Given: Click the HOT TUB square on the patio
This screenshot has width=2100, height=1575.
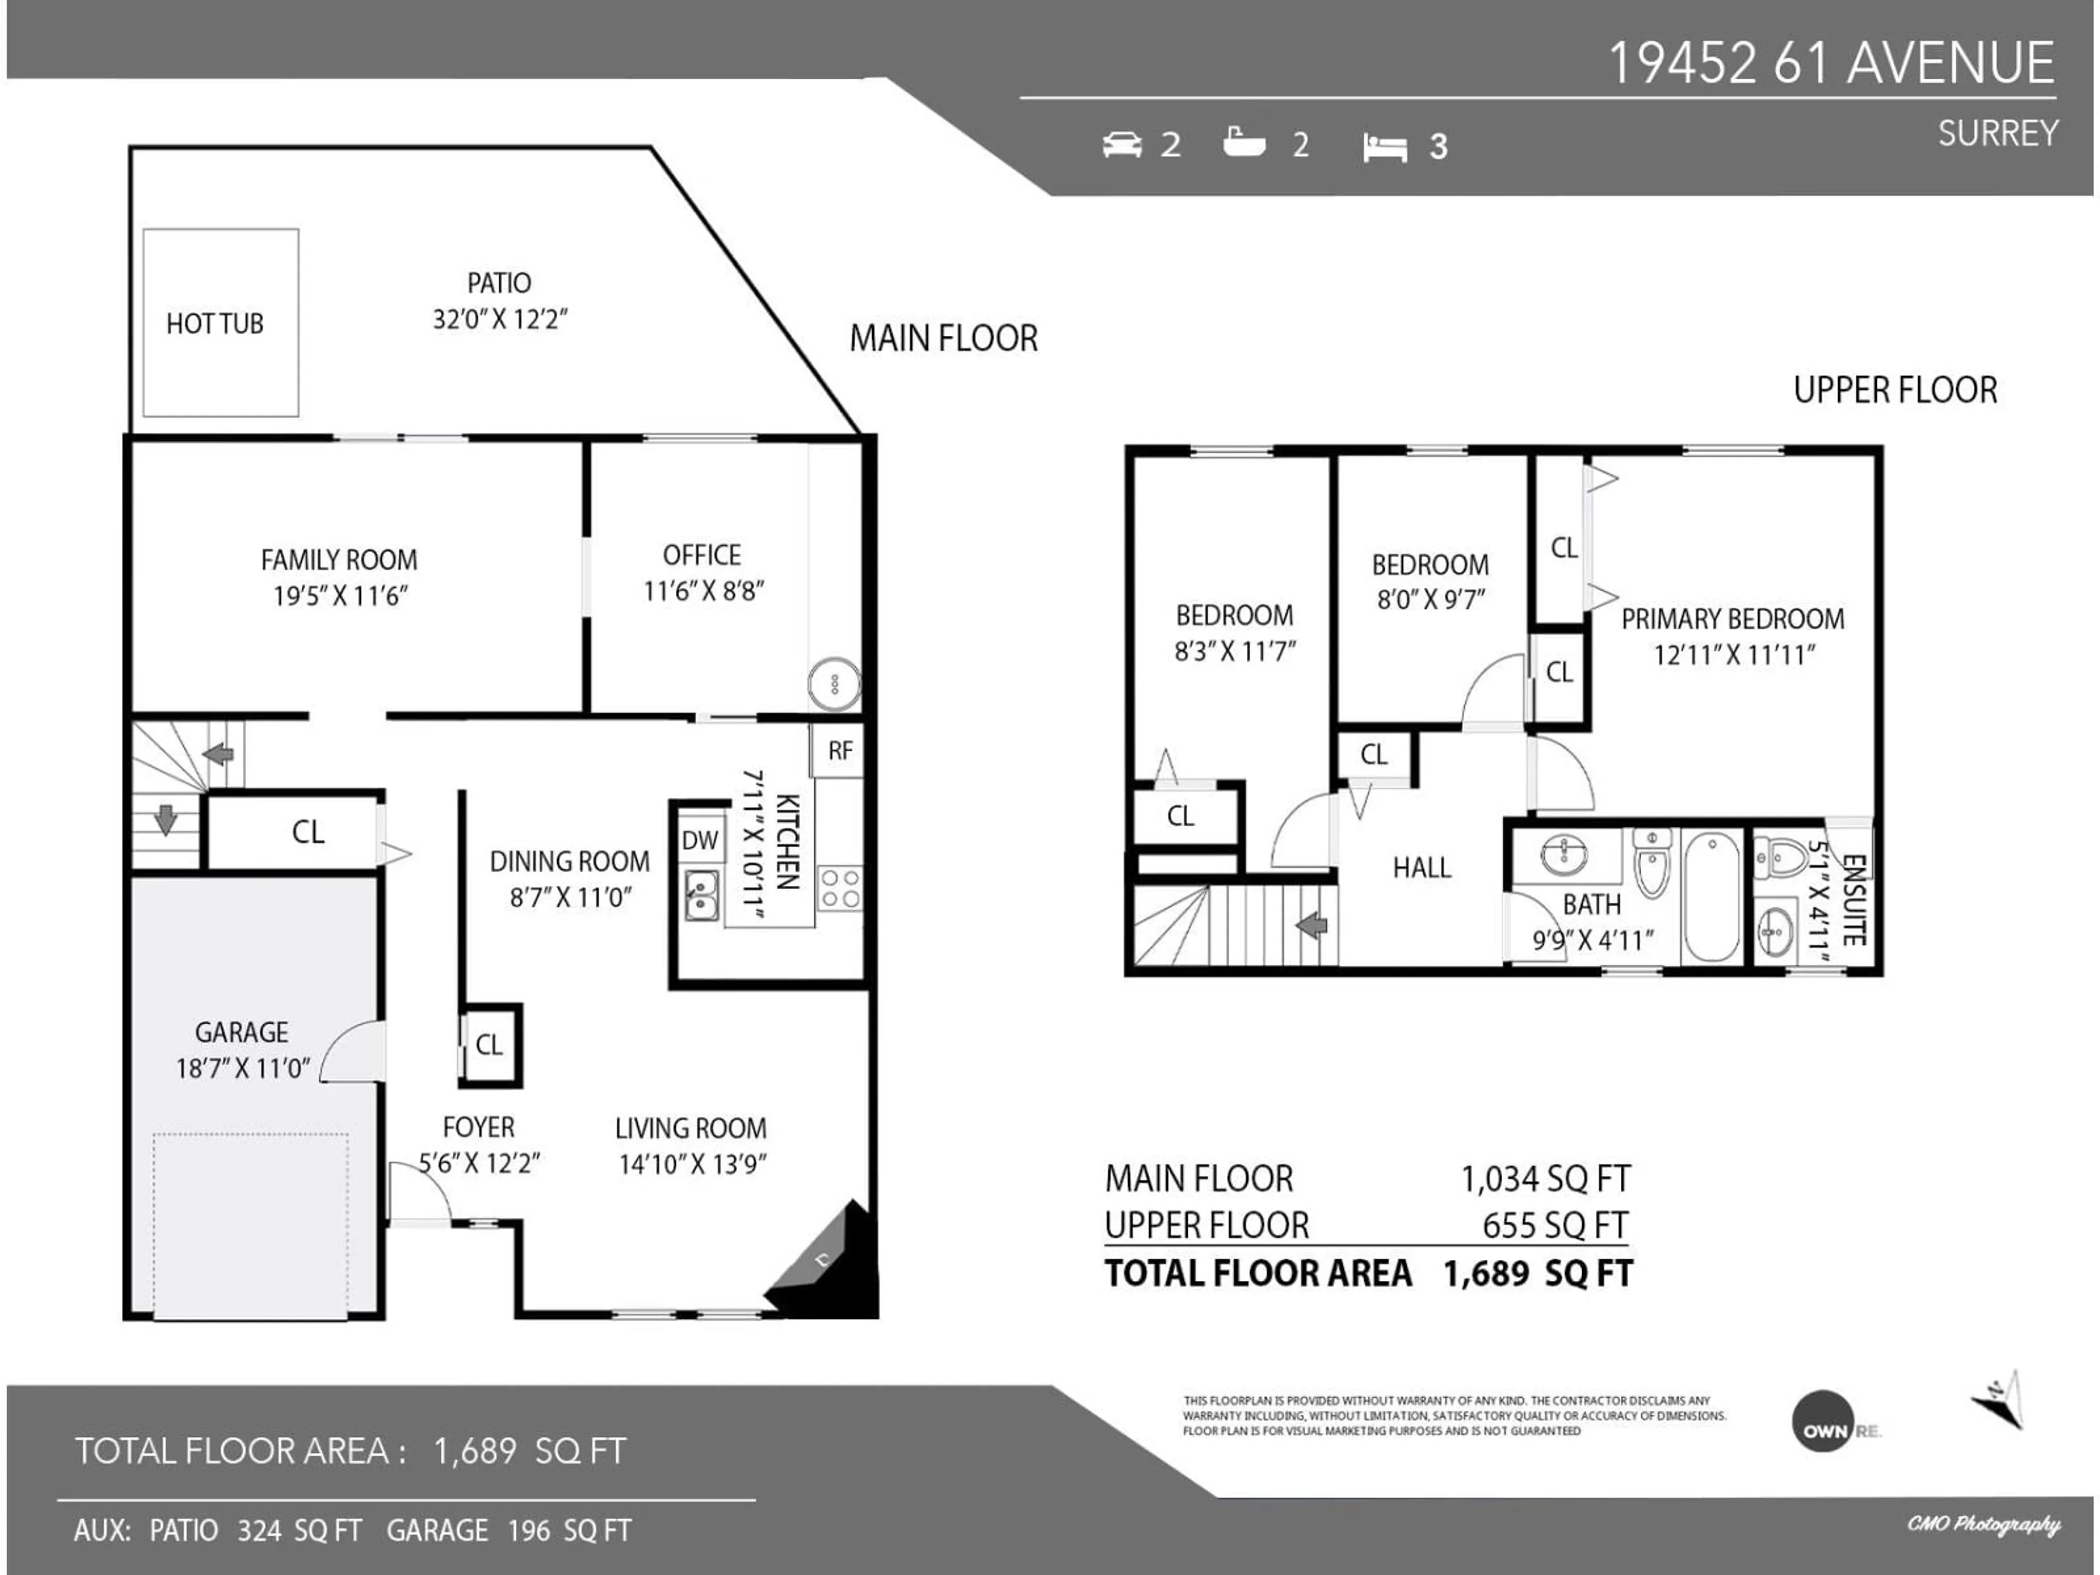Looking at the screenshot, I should click(220, 323).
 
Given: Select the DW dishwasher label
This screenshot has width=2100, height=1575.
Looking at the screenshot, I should click(699, 840).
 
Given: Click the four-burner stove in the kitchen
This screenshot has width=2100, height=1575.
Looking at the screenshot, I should click(840, 888).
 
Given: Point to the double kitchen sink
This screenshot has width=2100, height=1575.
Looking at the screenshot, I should click(702, 895).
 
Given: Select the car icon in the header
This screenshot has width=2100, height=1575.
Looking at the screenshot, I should click(1122, 145).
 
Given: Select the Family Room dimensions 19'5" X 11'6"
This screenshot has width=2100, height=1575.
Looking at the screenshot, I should click(340, 596).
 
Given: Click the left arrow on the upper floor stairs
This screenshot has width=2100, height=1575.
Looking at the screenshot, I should click(1312, 924).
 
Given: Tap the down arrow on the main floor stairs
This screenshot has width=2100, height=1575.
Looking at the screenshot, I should click(166, 818).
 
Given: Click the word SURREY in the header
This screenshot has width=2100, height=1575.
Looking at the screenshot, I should click(1998, 134).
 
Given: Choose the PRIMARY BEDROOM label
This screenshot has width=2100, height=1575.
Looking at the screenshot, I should click(1732, 619).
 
